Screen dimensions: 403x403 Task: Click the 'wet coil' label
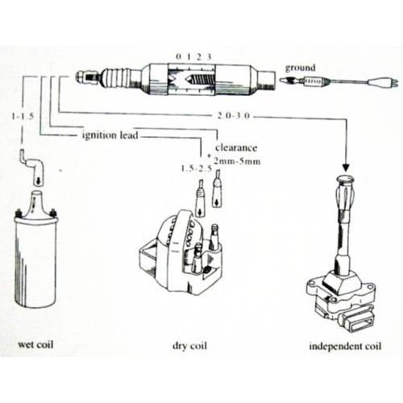click(35, 344)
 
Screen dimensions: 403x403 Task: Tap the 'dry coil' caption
click(189, 345)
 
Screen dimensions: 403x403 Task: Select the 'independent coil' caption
click(345, 346)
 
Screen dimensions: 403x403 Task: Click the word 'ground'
click(300, 68)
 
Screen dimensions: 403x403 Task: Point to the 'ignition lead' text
click(110, 135)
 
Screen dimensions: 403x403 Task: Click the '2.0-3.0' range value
click(233, 116)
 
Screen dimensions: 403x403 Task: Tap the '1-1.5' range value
click(23, 116)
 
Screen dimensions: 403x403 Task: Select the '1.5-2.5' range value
click(197, 168)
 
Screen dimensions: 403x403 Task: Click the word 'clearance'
click(236, 147)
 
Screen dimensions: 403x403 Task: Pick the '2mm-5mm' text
click(237, 161)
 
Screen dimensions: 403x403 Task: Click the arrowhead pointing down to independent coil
click(346, 167)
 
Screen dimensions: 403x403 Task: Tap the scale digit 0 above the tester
click(178, 56)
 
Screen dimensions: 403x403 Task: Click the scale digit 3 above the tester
click(209, 56)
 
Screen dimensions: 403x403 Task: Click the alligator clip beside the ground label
click(292, 80)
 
